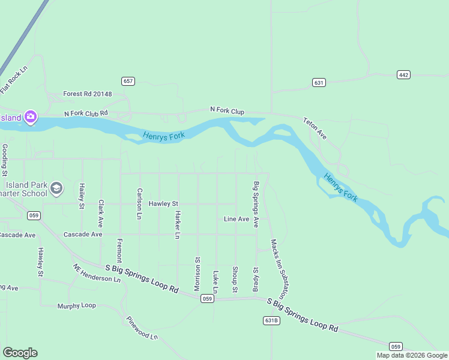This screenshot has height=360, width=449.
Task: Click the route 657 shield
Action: [x=127, y=81]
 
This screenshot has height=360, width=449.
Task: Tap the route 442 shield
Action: [x=403, y=74]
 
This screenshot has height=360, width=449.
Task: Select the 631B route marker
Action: [x=271, y=320]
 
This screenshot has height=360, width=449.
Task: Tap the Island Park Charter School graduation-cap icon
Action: [x=56, y=188]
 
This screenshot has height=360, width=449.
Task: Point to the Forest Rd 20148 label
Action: [x=88, y=94]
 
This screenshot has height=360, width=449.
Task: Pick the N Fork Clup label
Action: [x=227, y=110]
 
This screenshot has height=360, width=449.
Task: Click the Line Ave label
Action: [x=236, y=220]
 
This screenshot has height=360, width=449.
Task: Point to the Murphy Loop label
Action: [x=76, y=305]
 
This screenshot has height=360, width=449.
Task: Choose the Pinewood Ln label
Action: [x=142, y=328]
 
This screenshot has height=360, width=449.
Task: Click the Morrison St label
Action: [x=197, y=274]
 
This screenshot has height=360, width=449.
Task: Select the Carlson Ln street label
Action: [x=139, y=203]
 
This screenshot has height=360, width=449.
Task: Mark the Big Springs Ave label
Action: [x=256, y=204]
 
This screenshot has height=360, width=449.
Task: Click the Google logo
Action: [x=20, y=353]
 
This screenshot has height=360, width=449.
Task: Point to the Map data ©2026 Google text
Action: [x=411, y=355]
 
